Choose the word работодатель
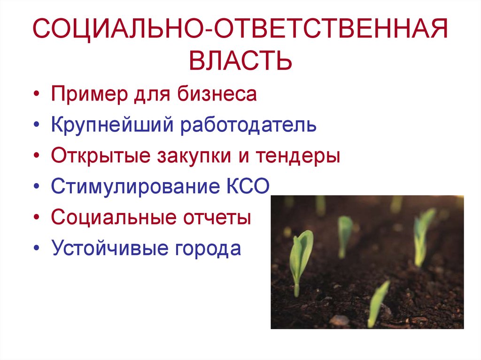click(249, 125)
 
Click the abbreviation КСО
click(245, 187)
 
